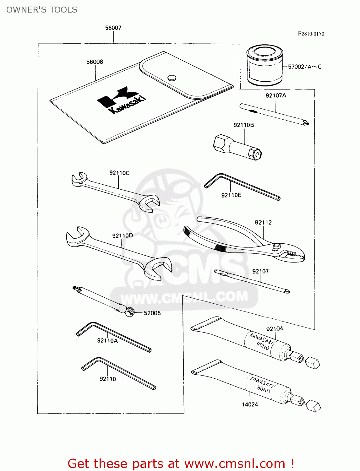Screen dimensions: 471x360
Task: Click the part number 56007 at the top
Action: click(113, 28)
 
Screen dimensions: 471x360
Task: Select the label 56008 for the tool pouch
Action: click(95, 62)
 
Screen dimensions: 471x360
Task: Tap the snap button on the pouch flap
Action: click(172, 78)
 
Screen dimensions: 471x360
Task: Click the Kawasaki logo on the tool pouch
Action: click(121, 100)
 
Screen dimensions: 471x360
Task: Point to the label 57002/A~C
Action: click(304, 67)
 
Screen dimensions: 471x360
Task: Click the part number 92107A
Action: click(276, 95)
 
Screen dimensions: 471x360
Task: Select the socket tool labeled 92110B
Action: click(237, 148)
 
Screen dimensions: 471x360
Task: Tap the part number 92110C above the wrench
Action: click(119, 173)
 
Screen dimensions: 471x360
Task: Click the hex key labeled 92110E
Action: click(242, 187)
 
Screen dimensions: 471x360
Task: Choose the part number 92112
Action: click(263, 223)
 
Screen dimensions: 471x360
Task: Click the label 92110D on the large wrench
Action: click(123, 235)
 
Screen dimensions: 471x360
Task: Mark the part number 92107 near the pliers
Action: click(260, 271)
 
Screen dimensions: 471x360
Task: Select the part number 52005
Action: click(152, 313)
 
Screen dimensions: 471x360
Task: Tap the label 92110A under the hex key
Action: click(107, 341)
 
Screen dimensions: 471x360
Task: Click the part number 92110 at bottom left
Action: click(108, 379)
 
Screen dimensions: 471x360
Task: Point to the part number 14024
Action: click(250, 404)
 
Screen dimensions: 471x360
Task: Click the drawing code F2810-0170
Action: click(311, 34)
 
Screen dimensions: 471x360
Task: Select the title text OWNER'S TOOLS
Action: click(42, 10)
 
